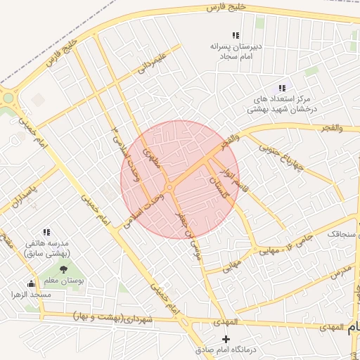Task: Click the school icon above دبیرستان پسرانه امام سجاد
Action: pos(236,35)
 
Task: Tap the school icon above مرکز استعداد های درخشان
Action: pos(282,88)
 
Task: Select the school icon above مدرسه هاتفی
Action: pos(46,232)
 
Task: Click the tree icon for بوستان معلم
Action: pos(63,269)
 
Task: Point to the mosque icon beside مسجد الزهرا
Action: pos(30,284)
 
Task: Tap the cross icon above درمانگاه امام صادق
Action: pos(225,339)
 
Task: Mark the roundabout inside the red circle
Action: pos(171,187)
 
